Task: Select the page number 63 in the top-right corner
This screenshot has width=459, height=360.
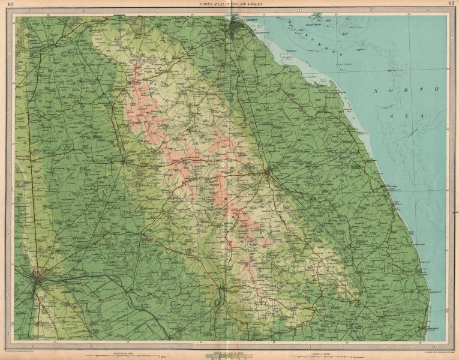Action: [x=451, y=4]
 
